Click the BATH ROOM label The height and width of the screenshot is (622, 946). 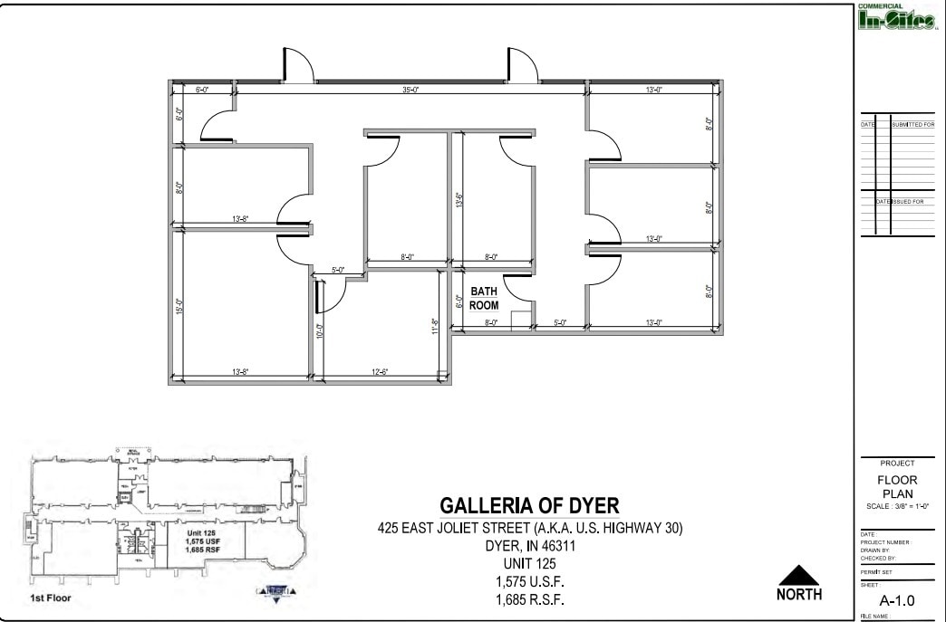click(x=484, y=299)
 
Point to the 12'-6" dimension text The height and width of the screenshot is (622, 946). click(x=380, y=372)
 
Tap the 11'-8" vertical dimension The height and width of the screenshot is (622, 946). click(x=436, y=326)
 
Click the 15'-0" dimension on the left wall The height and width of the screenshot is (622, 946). click(x=179, y=307)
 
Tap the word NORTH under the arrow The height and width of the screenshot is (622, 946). click(x=798, y=595)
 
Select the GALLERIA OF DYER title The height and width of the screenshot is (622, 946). click(x=529, y=505)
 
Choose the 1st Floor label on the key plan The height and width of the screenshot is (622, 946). click(x=52, y=598)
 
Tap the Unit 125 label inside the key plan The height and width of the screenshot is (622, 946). click(x=205, y=533)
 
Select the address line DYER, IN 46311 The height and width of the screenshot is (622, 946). click(x=529, y=547)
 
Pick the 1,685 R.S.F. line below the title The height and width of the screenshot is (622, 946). click(x=529, y=598)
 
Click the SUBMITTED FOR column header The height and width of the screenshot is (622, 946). click(x=912, y=124)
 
